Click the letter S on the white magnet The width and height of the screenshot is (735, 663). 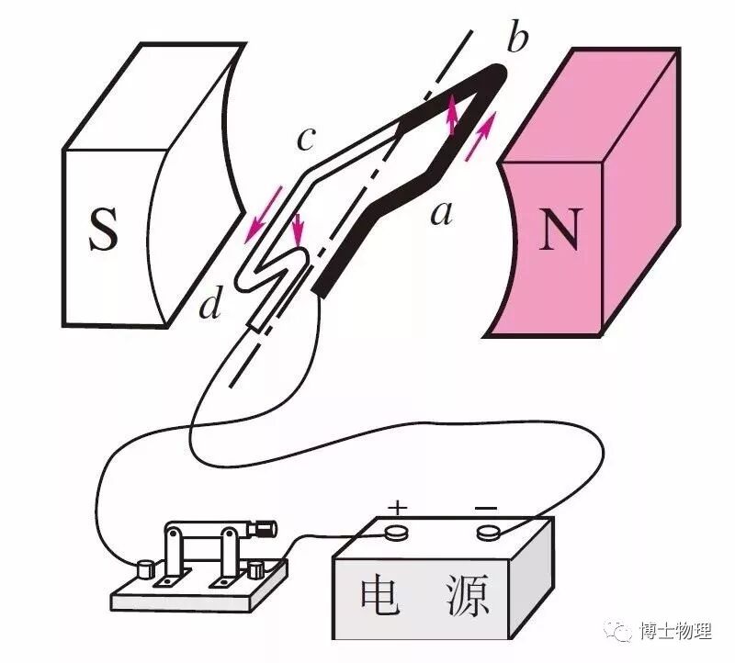(104, 229)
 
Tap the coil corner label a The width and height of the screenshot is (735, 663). (442, 212)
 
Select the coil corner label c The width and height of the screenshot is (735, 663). (307, 140)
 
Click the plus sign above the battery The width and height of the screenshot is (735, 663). (397, 507)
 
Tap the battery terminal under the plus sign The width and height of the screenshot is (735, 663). (397, 531)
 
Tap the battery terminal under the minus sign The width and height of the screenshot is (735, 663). (488, 531)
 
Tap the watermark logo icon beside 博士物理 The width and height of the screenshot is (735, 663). (623, 632)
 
